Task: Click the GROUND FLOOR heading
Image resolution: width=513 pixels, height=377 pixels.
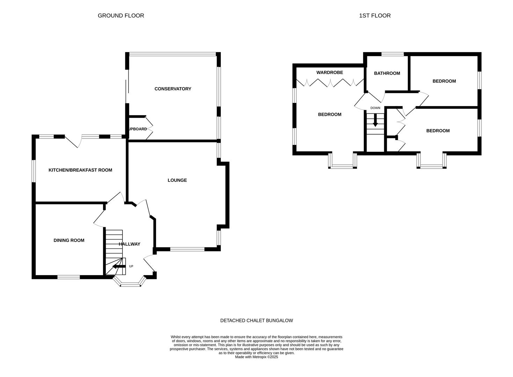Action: point(121,16)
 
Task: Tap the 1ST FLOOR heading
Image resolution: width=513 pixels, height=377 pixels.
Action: point(375,16)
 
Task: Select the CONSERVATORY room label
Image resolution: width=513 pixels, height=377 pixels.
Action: point(173,89)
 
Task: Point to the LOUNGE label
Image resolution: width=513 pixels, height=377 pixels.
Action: point(177,180)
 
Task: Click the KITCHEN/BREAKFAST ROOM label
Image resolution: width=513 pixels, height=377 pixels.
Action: point(80,170)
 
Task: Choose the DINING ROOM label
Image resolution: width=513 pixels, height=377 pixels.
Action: point(69,241)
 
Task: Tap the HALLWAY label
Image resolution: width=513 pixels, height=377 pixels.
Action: point(130,244)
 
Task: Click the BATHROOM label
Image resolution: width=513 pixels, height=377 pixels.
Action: point(387,73)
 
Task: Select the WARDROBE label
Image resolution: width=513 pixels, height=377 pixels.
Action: point(330,73)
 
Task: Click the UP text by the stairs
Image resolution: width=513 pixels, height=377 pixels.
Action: point(131,266)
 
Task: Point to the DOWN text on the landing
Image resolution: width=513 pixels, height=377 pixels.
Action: point(375,108)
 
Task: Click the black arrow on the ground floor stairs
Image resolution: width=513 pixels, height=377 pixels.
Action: point(119,266)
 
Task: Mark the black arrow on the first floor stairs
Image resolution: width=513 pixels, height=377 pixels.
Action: point(375,120)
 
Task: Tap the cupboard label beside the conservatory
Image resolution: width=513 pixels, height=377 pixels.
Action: point(138,129)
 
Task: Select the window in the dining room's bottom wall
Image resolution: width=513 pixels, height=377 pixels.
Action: point(68,277)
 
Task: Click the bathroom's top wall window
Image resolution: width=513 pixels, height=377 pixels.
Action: point(393,54)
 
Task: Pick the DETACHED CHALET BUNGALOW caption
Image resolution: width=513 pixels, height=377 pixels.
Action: point(256,320)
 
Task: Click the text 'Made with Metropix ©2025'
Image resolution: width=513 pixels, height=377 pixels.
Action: point(256,357)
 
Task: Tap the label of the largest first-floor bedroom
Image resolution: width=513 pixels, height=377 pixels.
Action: point(330,114)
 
